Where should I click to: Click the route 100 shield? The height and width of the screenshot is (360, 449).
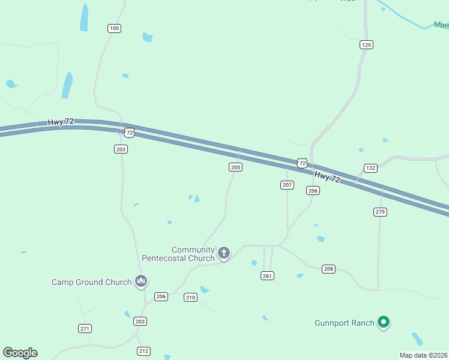[114, 28]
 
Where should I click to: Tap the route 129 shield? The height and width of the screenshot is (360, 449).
[367, 44]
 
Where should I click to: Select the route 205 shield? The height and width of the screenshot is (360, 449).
[236, 167]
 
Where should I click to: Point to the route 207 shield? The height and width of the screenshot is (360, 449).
[287, 185]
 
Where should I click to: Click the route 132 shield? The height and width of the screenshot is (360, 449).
[370, 168]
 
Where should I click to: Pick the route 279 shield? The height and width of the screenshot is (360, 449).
[380, 212]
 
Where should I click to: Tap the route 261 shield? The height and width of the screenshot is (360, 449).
[267, 275]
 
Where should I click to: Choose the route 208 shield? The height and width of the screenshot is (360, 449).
[328, 269]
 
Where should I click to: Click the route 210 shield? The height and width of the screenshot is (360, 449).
[190, 298]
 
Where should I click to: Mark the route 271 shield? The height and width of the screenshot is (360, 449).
[85, 328]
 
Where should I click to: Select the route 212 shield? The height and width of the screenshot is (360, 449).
[143, 351]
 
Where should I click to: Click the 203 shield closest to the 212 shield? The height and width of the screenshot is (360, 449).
[140, 322]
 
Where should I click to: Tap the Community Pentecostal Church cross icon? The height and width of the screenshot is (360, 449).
[224, 253]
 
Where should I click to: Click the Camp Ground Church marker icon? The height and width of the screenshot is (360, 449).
[141, 281]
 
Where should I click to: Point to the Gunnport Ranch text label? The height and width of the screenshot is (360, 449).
[345, 323]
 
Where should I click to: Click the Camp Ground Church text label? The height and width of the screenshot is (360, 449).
[91, 282]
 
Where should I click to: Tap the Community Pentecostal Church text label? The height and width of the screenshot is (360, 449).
[178, 254]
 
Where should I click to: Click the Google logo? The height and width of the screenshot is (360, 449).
[20, 353]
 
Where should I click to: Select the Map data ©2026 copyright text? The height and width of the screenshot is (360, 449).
[424, 355]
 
